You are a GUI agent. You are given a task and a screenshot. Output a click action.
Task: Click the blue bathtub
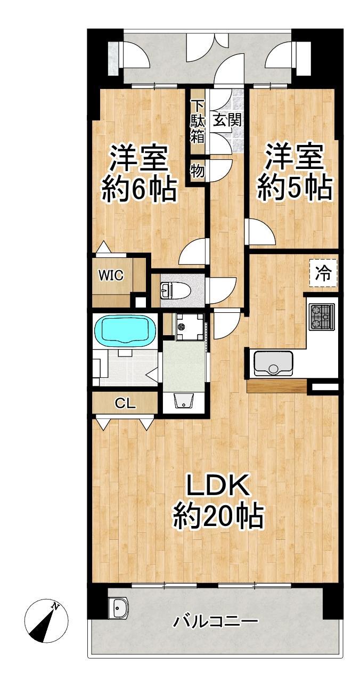[125, 329]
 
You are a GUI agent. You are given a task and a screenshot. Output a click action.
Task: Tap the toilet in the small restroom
[171, 290]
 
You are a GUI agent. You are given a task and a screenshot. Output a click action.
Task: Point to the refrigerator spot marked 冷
[323, 273]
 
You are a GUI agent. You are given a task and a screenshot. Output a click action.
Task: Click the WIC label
[111, 275]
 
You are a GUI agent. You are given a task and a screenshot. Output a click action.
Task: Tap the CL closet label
[125, 403]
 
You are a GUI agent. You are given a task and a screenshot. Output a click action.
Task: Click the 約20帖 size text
[218, 516]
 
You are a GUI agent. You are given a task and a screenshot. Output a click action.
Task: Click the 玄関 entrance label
[227, 119]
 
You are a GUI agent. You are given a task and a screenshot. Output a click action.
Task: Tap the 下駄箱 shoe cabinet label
[198, 122]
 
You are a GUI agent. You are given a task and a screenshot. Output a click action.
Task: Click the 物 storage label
[198, 170]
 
